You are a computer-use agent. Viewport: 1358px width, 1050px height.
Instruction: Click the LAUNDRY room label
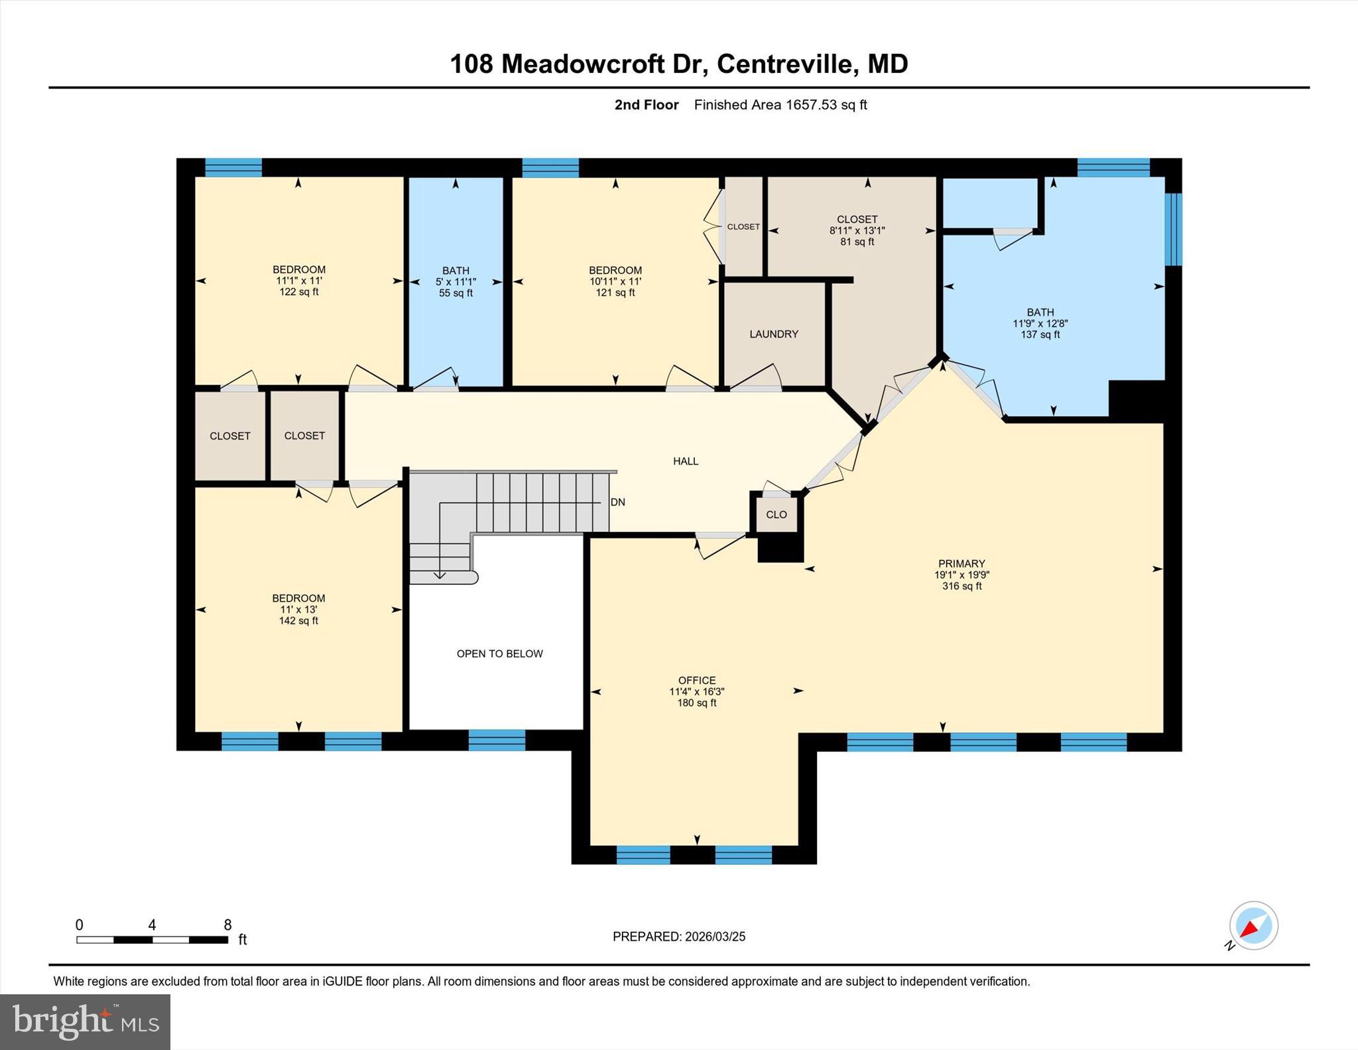774,334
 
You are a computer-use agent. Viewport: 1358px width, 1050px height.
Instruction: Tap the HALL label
686,461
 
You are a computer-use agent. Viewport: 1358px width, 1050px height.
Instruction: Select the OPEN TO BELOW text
499,654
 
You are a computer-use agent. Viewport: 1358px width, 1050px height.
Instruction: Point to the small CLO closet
776,515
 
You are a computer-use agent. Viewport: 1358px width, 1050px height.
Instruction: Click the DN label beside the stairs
618,502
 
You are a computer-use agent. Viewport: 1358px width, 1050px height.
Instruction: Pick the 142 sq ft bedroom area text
298,621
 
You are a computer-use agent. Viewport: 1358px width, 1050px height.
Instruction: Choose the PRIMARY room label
961,564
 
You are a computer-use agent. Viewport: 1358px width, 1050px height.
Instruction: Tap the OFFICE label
697,681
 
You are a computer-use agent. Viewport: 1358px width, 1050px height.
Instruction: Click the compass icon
1253,926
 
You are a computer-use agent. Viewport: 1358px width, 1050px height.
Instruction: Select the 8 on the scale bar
227,925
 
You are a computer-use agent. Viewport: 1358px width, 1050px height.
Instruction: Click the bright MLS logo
86,1022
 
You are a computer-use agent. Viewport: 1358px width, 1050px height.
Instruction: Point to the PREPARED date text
679,937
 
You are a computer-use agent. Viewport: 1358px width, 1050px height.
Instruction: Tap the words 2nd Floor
647,105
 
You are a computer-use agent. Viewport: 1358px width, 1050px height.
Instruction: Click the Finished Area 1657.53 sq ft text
780,105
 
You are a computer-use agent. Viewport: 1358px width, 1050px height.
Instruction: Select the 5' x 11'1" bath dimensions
456,282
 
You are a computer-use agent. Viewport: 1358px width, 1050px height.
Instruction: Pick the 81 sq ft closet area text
857,242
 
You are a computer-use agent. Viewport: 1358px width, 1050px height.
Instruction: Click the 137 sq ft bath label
1040,335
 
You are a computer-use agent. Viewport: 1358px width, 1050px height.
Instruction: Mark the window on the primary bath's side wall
1173,229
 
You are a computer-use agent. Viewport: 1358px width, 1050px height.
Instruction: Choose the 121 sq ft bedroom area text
615,293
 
